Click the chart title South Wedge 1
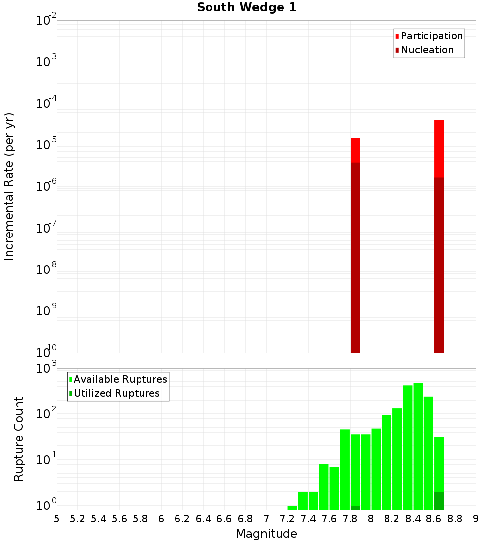[x=246, y=8]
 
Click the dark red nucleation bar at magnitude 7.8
[x=355, y=256]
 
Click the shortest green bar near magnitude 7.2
[x=292, y=508]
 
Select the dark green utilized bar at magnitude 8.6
[x=439, y=501]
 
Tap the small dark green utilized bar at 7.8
[x=355, y=508]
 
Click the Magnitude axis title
[x=266, y=534]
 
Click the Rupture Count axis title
[x=19, y=439]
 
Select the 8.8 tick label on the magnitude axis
[x=455, y=519]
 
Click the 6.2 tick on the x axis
[x=182, y=519]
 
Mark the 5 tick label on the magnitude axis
[x=57, y=519]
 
